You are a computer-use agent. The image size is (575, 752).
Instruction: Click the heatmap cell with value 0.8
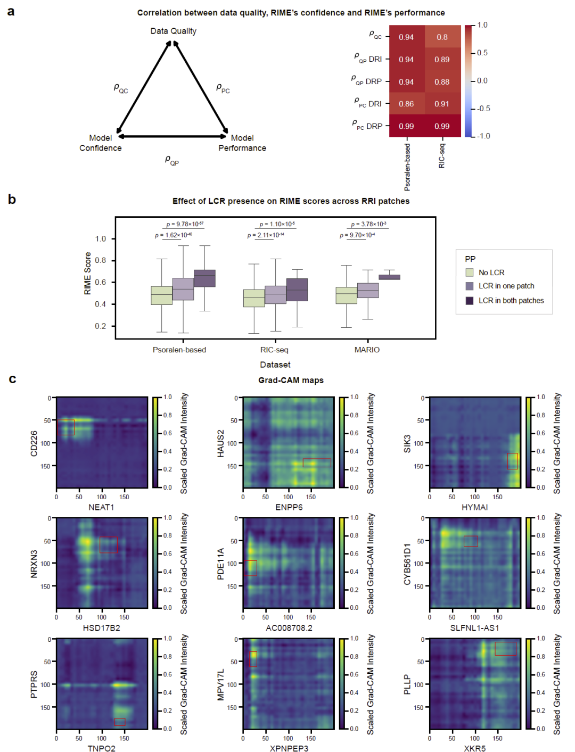(442, 37)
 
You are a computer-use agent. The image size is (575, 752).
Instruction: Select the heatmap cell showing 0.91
(442, 104)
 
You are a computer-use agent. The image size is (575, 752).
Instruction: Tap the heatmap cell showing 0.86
(406, 104)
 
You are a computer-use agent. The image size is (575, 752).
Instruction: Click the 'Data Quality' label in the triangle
(173, 31)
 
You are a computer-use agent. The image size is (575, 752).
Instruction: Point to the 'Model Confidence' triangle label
(101, 143)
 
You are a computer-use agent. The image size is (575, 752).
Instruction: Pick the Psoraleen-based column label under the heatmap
(407, 167)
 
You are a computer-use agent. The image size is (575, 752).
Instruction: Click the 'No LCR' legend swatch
(470, 272)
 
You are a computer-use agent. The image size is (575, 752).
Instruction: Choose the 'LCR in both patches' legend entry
(511, 301)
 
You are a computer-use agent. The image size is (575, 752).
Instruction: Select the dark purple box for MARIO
(389, 277)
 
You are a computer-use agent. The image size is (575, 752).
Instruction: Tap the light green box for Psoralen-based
(162, 295)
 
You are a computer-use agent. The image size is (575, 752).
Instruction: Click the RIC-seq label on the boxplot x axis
(274, 350)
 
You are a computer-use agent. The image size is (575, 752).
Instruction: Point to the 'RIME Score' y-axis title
(88, 274)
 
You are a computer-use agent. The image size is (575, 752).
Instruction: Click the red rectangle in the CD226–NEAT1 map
(66, 427)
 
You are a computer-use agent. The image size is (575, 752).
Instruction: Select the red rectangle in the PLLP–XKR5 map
(505, 648)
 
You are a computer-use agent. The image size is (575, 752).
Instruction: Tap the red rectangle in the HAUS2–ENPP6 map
(317, 463)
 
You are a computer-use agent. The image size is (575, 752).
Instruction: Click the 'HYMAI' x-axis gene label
(474, 507)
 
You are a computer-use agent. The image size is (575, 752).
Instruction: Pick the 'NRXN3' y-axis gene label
(34, 564)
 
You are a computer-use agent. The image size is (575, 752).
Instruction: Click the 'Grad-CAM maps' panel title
(291, 380)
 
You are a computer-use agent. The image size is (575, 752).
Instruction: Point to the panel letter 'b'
(12, 200)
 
